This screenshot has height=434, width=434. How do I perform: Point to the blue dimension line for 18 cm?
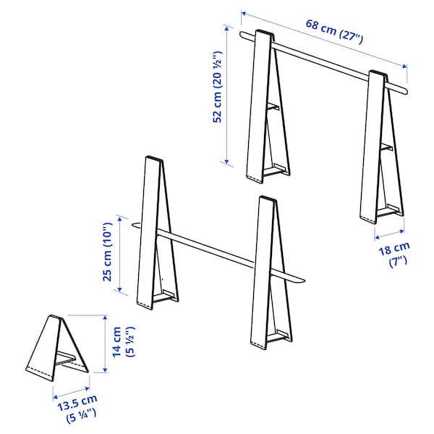coord(390,233)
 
